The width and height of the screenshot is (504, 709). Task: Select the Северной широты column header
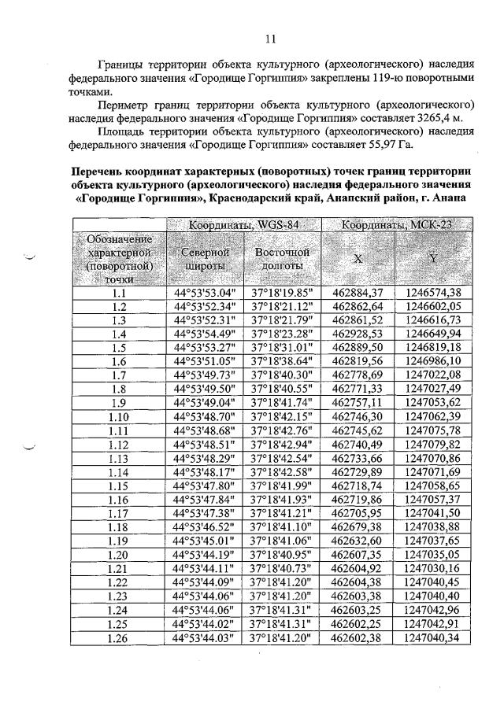click(x=205, y=259)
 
